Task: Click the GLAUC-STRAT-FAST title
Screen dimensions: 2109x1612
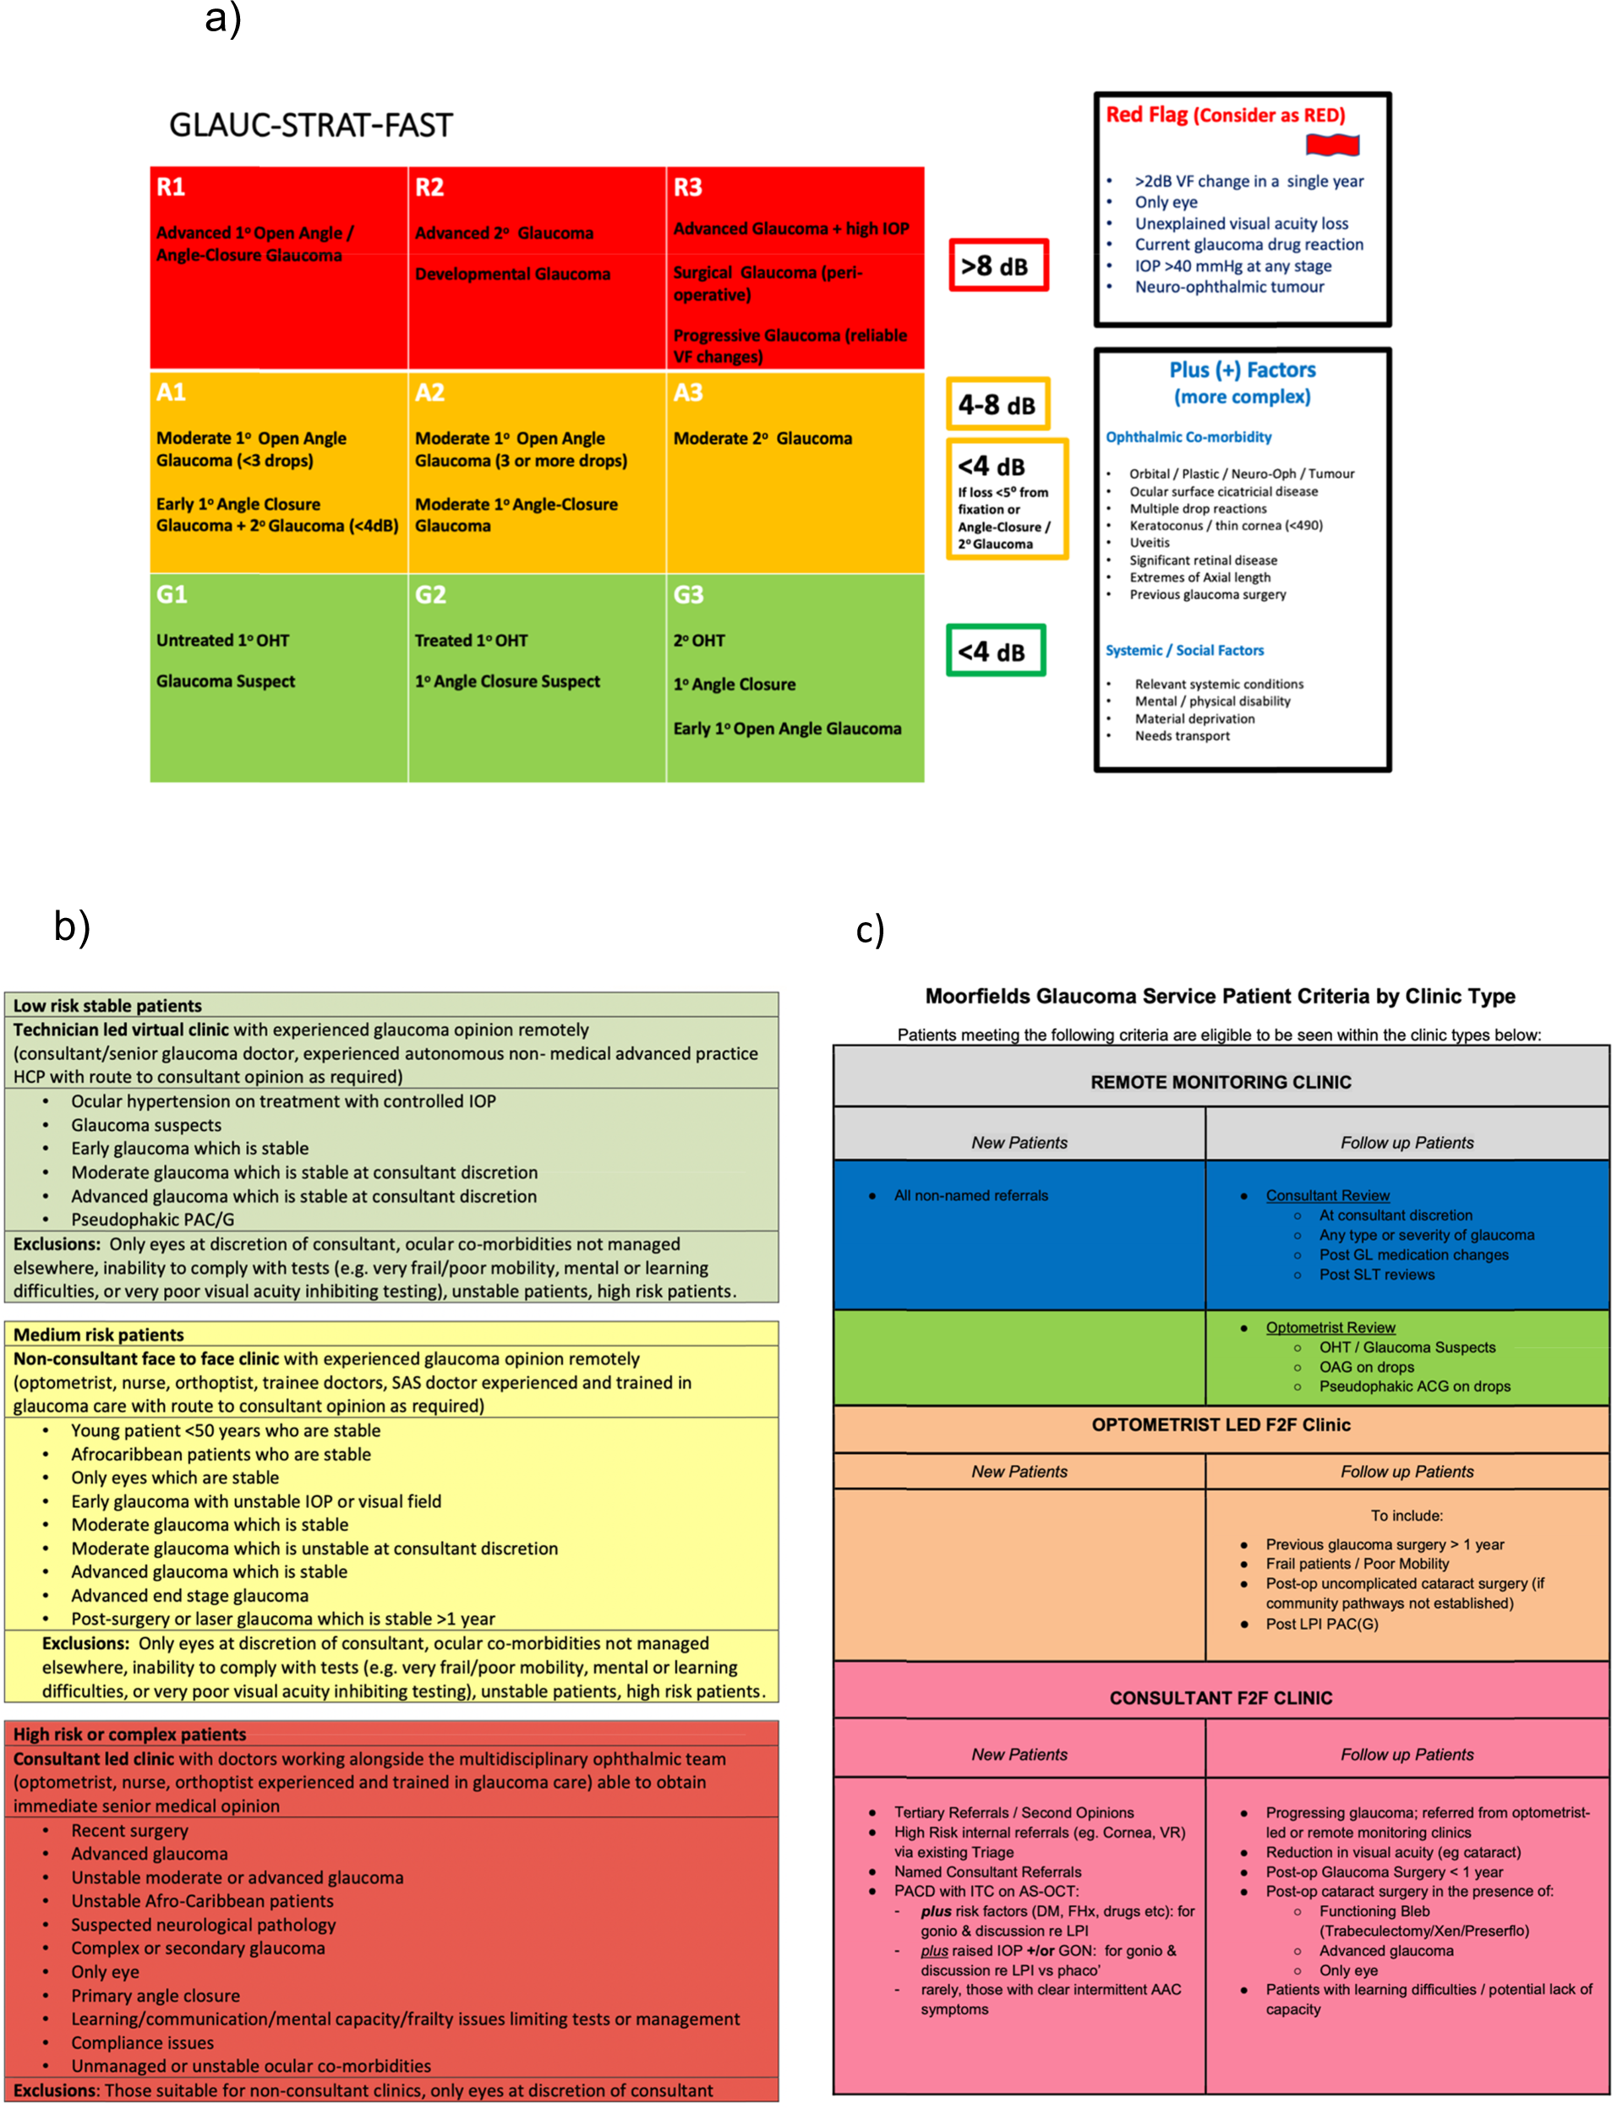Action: (310, 126)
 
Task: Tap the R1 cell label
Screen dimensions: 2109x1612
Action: (171, 187)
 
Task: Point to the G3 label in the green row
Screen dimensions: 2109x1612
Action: (688, 595)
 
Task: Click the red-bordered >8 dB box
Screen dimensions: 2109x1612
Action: (998, 265)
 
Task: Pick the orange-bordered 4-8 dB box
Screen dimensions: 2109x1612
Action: (997, 404)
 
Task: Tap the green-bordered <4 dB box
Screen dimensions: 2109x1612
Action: (994, 652)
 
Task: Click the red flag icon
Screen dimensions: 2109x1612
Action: (1332, 145)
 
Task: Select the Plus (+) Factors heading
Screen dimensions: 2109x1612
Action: (1242, 370)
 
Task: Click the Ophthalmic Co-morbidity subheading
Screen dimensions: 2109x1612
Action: (1188, 438)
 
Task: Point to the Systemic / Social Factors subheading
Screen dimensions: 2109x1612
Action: (1184, 651)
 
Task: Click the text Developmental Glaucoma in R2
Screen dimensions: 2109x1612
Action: (512, 275)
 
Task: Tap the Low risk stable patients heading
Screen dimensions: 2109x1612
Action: (107, 1006)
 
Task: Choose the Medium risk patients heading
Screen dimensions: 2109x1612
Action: (98, 1335)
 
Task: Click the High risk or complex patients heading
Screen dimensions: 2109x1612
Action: (129, 1734)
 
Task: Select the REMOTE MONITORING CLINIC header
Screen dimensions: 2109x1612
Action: (1221, 1082)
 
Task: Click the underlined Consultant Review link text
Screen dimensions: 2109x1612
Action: (1327, 1195)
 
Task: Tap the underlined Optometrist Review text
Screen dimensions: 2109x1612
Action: (1330, 1328)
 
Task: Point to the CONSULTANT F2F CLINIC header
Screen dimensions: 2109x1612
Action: (1221, 1698)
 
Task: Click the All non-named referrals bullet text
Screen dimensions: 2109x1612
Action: (970, 1195)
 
